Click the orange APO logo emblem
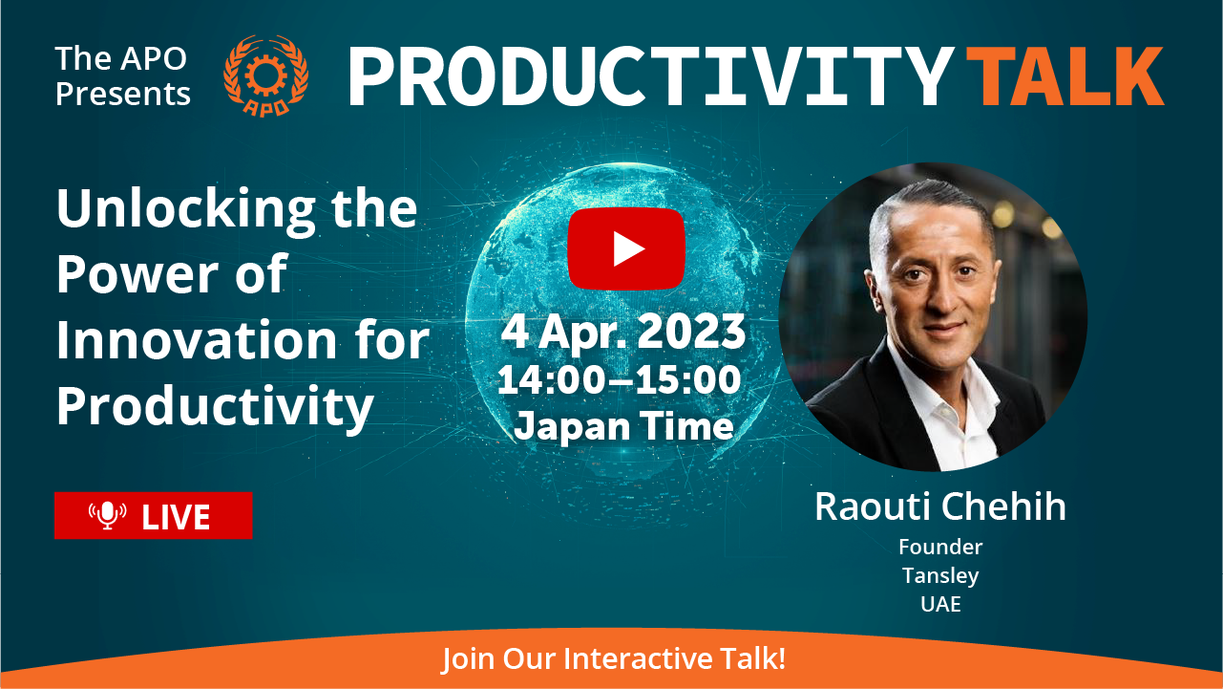(266, 75)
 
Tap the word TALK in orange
(1065, 75)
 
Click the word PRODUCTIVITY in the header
(651, 75)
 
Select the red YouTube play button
(626, 248)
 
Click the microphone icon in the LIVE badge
(108, 515)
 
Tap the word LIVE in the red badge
(176, 517)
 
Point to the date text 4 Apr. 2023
(623, 332)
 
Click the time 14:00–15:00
(620, 379)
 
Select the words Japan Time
(623, 427)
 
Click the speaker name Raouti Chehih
(940, 506)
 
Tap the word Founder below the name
(940, 547)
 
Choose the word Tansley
(940, 576)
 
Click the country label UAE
(940, 604)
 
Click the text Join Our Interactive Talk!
(614, 658)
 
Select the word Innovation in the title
(197, 340)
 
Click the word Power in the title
(137, 273)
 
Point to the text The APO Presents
(123, 75)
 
